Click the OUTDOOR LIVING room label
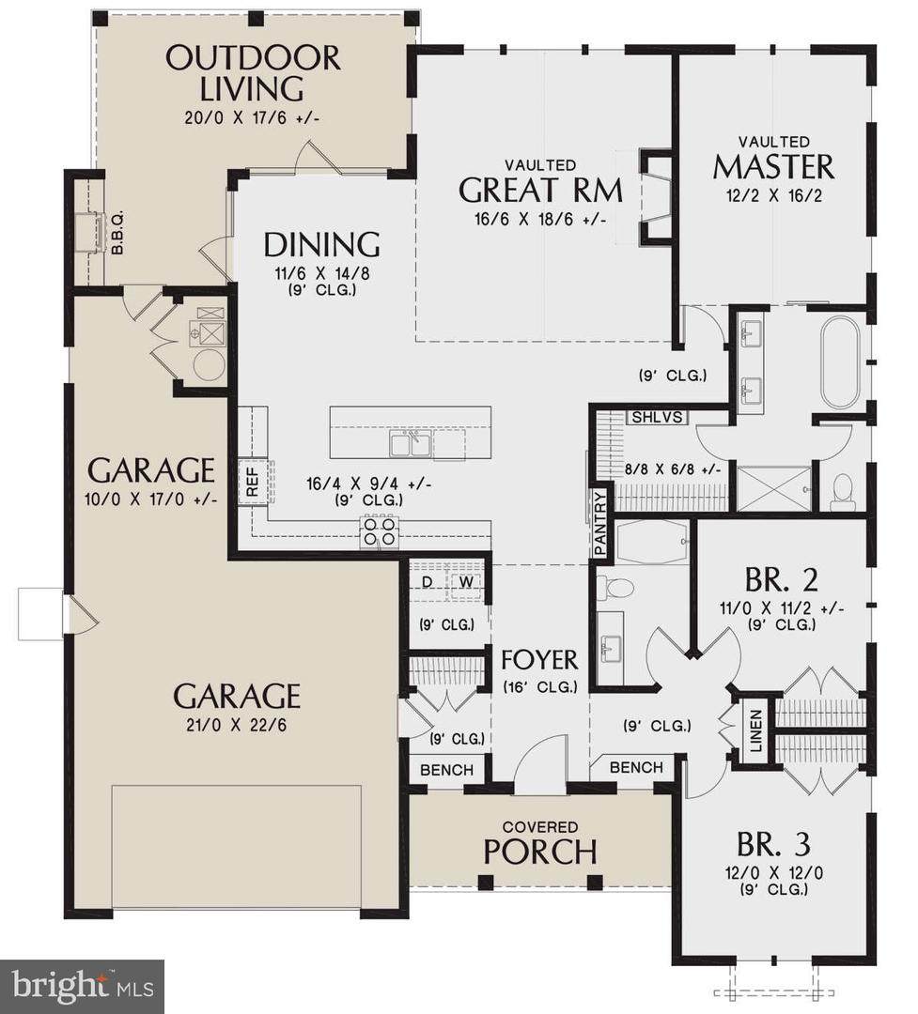(x=253, y=72)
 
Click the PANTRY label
(x=600, y=523)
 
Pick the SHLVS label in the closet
(x=657, y=417)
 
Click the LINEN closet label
(x=755, y=730)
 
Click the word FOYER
(x=540, y=660)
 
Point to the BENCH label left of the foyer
(x=446, y=770)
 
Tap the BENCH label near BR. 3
(x=636, y=767)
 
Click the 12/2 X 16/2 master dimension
(x=774, y=194)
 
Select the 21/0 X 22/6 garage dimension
(x=236, y=725)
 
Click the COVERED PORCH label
(x=540, y=844)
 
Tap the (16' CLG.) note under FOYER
(x=540, y=687)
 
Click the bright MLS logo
(x=82, y=986)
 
